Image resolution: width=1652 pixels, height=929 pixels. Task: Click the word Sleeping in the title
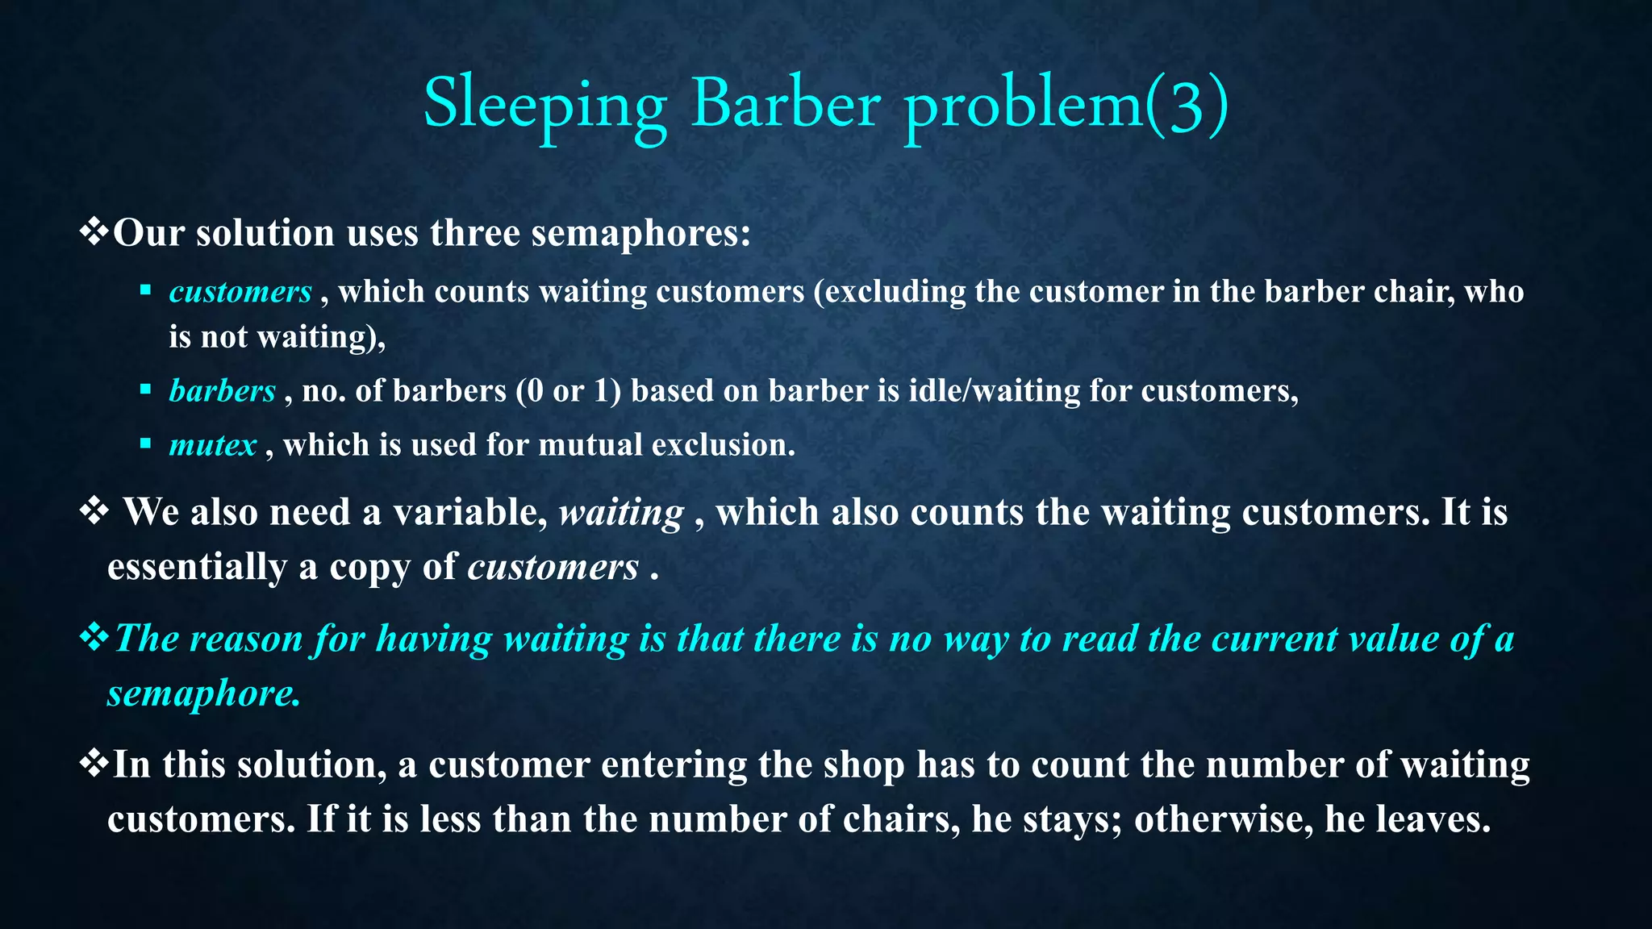tap(544, 105)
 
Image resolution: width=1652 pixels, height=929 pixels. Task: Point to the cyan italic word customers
tap(240, 292)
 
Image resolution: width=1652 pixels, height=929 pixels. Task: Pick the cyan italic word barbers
tap(222, 391)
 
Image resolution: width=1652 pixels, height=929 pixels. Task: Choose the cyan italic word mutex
tap(212, 445)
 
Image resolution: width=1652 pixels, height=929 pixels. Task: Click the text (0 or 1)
tap(569, 391)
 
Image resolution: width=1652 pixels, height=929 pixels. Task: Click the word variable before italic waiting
tap(468, 512)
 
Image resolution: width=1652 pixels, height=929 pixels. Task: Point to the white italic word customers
tap(553, 567)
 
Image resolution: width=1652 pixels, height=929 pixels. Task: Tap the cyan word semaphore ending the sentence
tap(203, 694)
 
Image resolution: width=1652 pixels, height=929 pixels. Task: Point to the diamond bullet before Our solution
tap(94, 232)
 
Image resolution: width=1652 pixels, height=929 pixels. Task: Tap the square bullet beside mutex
tap(145, 444)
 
